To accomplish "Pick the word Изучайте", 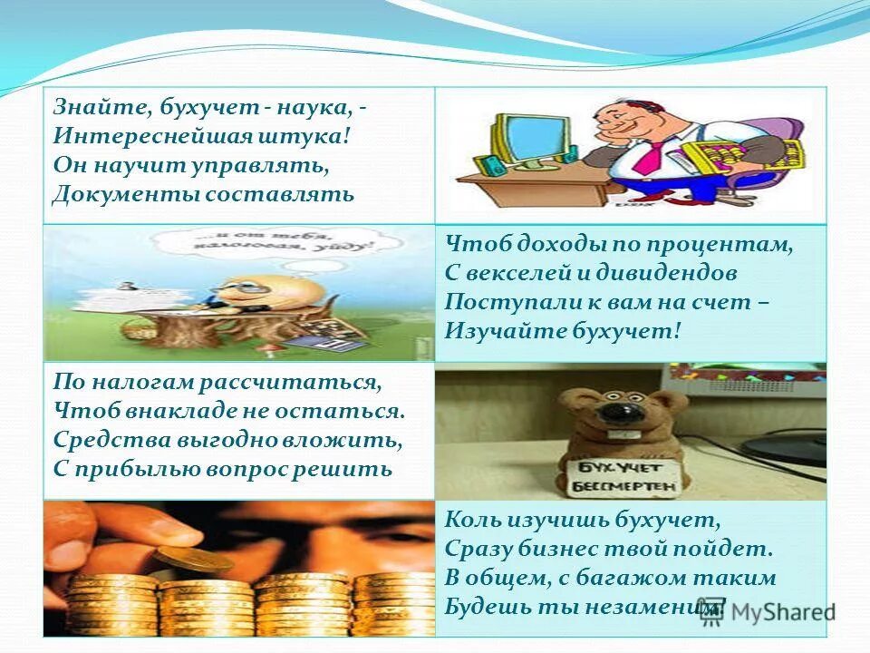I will point(504,331).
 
